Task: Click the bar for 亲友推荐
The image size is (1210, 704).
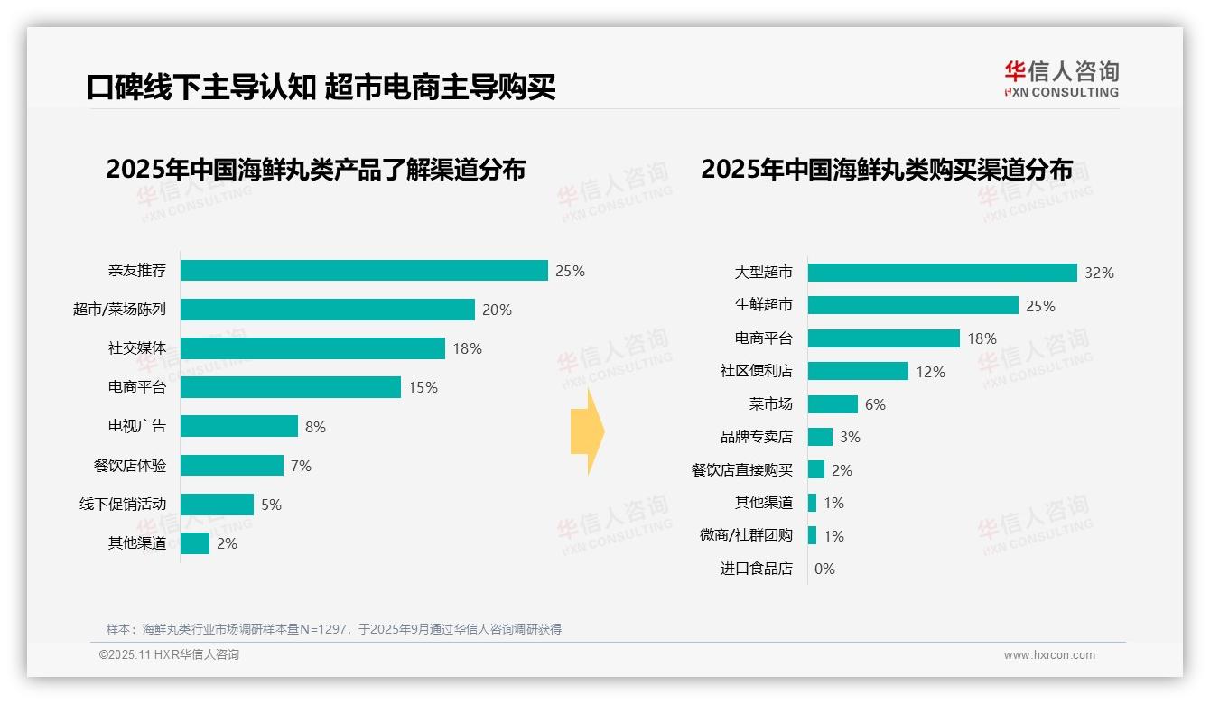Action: (364, 271)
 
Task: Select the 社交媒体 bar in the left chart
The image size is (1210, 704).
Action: (312, 348)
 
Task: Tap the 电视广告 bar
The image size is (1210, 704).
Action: (239, 426)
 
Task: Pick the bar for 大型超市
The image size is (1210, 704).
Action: (942, 273)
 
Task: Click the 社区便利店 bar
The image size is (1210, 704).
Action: (858, 371)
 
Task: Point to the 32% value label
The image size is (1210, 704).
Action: (1099, 273)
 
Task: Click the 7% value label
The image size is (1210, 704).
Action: (301, 466)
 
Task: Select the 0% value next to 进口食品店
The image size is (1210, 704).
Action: (824, 569)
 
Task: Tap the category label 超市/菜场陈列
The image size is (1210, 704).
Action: (119, 310)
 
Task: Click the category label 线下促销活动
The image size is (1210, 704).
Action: (123, 505)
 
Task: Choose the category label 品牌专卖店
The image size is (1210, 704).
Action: (756, 437)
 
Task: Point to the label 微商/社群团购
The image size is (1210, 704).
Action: (746, 535)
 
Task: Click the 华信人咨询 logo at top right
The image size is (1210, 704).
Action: (1061, 79)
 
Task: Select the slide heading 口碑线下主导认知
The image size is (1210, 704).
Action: (200, 88)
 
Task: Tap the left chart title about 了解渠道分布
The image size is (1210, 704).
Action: (315, 170)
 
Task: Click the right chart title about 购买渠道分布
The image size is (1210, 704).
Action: (887, 170)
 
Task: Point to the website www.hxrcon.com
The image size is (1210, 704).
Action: (1049, 655)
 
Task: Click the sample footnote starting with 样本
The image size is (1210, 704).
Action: (334, 629)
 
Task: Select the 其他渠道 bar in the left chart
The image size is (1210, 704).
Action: (195, 543)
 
